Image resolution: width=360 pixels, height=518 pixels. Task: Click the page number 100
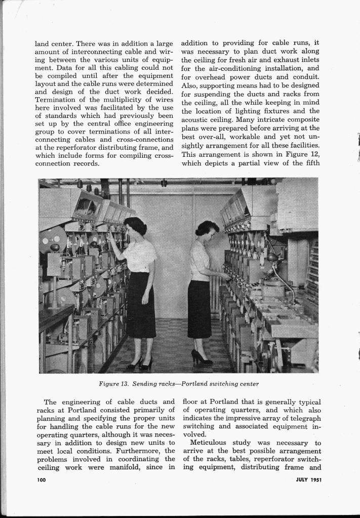pyautogui.click(x=42, y=480)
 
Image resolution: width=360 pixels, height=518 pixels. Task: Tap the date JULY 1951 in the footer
pyautogui.click(x=308, y=480)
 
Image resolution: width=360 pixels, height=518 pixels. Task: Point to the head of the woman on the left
pyautogui.click(x=134, y=226)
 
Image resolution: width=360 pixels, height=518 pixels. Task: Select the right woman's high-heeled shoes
pyautogui.click(x=201, y=359)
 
